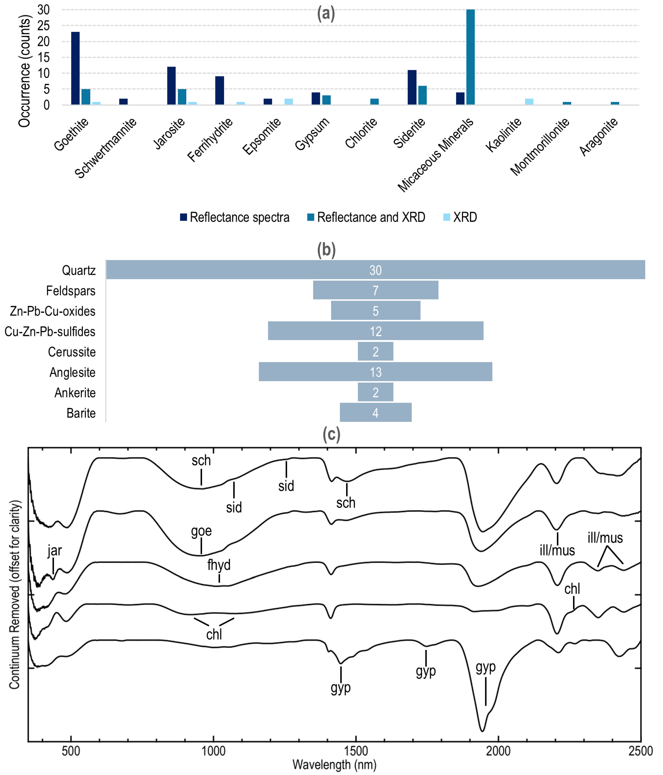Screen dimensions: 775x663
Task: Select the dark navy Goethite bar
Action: pos(75,68)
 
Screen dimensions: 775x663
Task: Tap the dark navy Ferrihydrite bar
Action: pos(219,91)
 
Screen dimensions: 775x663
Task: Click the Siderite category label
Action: pos(409,133)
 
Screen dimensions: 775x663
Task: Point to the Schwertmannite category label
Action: pos(106,148)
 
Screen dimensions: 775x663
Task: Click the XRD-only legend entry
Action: pos(460,217)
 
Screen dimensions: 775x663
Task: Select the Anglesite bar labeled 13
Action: pos(375,372)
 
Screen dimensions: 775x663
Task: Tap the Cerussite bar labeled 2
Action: pos(375,351)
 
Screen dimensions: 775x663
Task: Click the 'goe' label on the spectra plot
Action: pos(201,531)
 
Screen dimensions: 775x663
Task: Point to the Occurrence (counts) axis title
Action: pos(24,71)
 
